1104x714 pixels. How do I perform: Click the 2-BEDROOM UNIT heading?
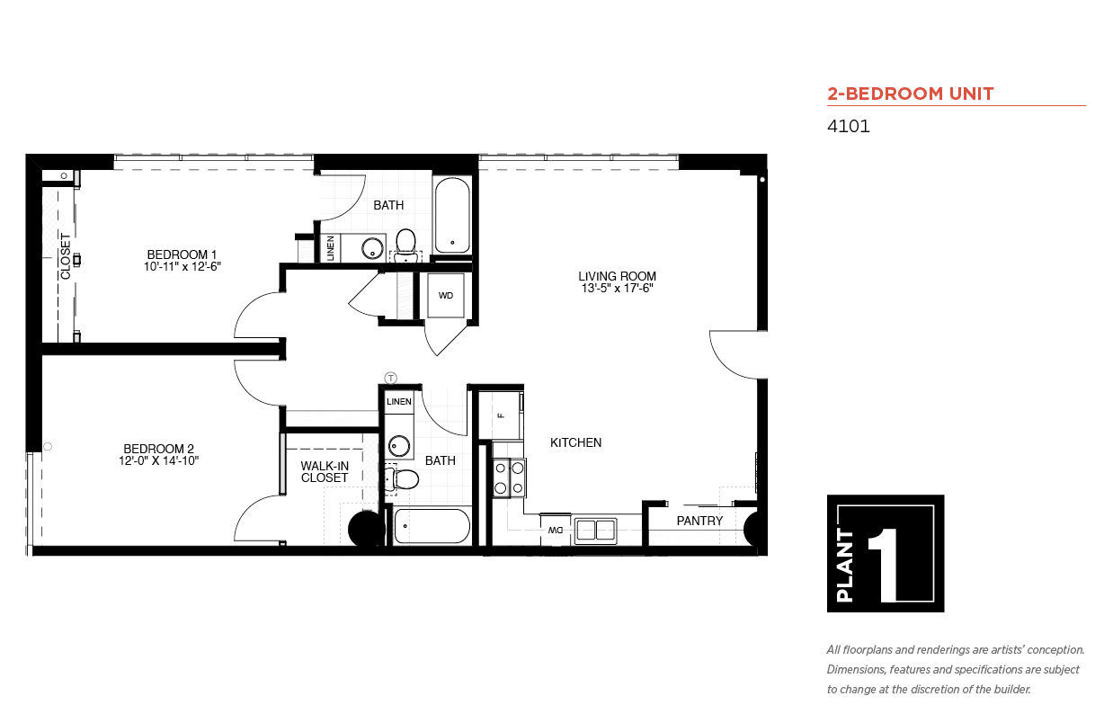911,94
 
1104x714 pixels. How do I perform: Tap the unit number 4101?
848,126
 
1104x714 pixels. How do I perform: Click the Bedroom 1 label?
182,254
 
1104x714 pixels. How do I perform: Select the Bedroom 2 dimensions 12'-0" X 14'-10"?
158,460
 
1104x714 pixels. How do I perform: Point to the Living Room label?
617,276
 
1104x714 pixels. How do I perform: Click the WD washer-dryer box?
446,295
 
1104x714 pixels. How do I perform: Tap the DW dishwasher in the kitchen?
556,530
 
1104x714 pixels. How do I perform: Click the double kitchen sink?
596,531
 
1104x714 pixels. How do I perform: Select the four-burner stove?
510,477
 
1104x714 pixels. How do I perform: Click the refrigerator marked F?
501,415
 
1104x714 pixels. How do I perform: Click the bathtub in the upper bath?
452,215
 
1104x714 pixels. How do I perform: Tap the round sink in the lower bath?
399,446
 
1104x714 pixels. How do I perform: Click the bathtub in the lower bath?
432,526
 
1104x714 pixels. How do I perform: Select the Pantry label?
699,521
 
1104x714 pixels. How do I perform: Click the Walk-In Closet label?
325,471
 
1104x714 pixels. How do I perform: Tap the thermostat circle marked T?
390,379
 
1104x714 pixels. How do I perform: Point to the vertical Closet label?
66,256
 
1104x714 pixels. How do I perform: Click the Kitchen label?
575,442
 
